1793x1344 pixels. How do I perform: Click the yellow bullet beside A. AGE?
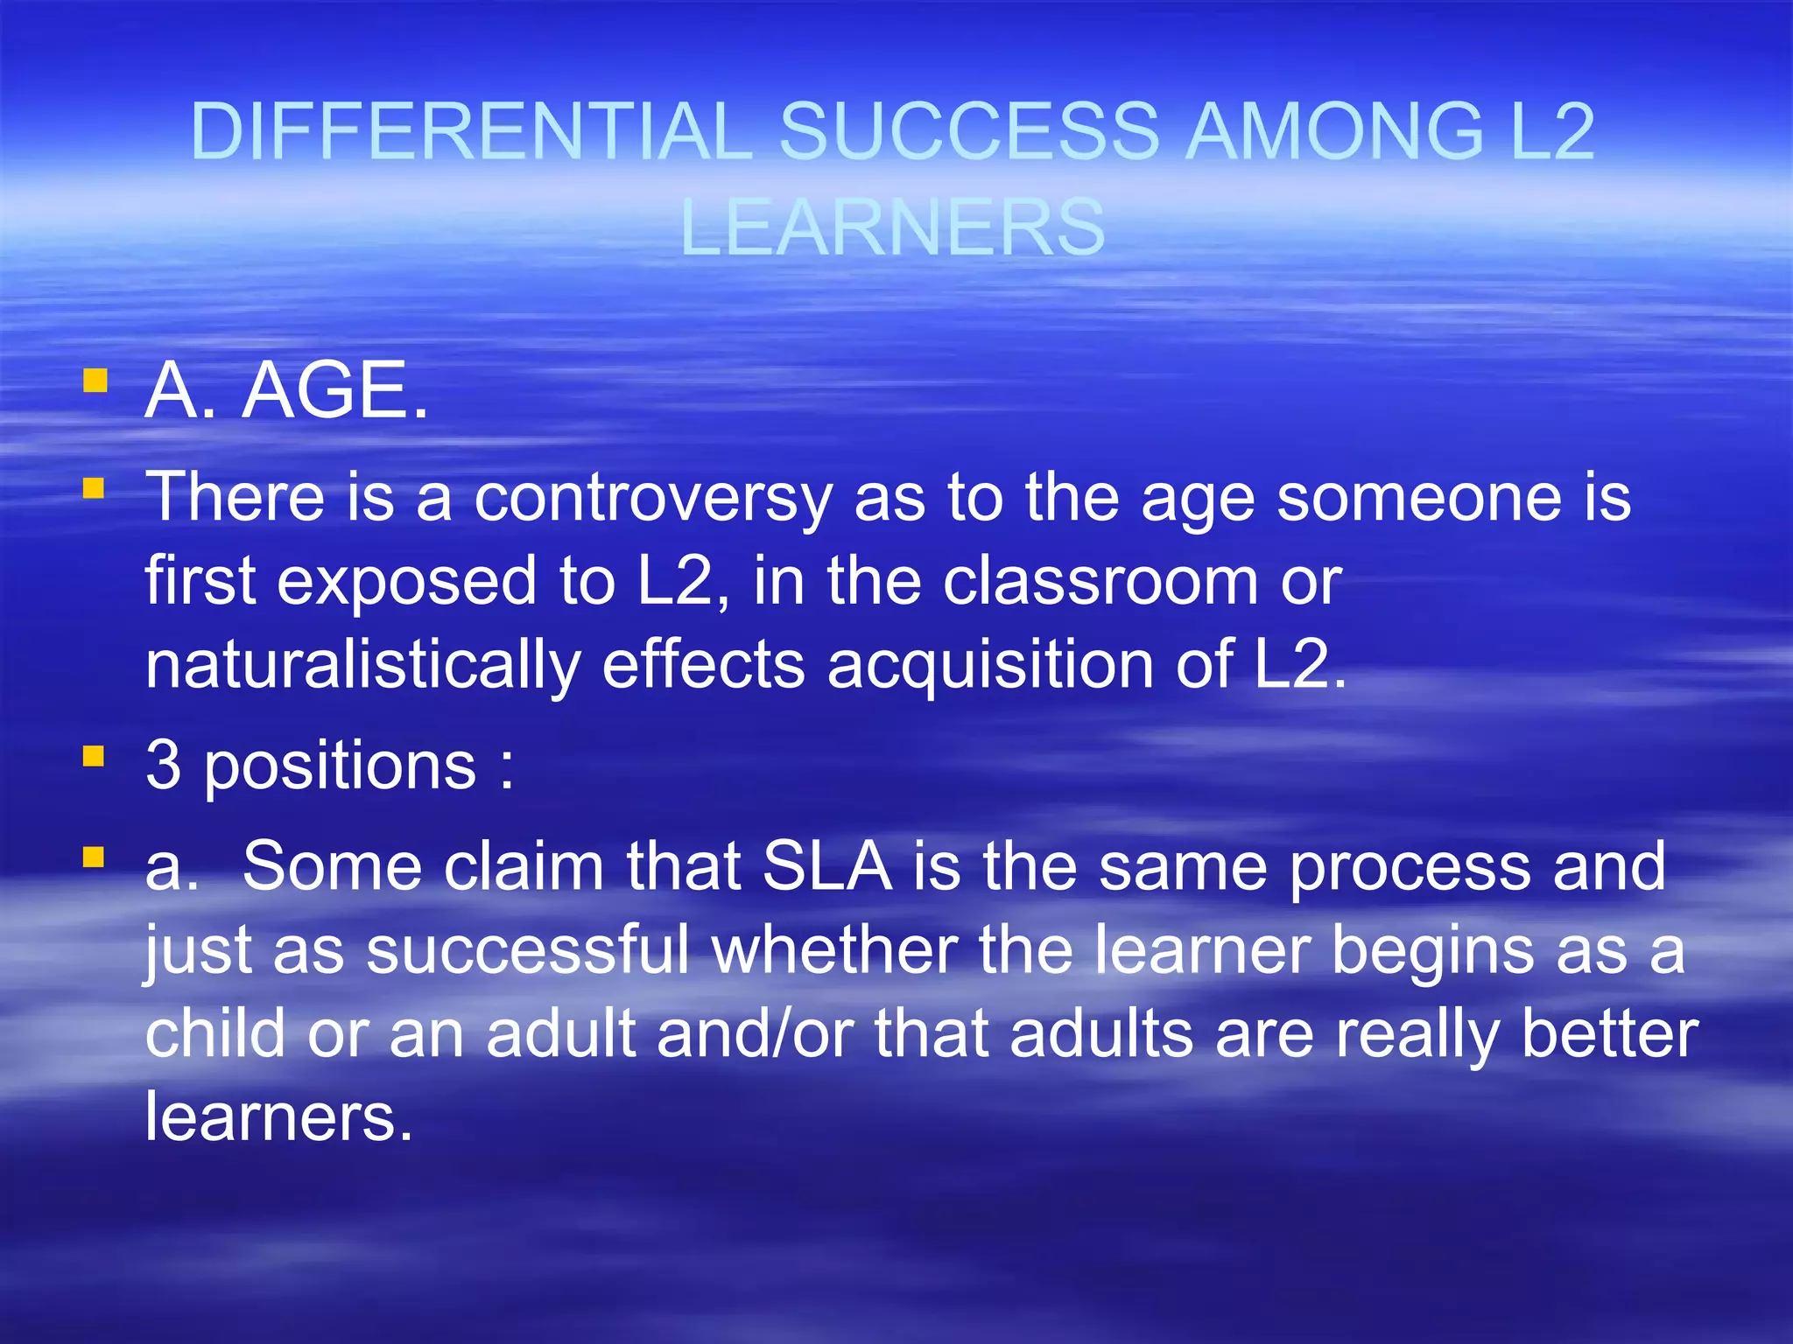[x=95, y=381]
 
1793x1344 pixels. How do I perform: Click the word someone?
[x=1418, y=497]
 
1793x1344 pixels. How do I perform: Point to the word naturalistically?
[x=362, y=665]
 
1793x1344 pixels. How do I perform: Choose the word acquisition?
[x=989, y=665]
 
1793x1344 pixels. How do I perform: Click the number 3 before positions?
[x=164, y=765]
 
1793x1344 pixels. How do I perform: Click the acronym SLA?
[x=827, y=866]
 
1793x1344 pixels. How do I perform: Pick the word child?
[x=215, y=1033]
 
